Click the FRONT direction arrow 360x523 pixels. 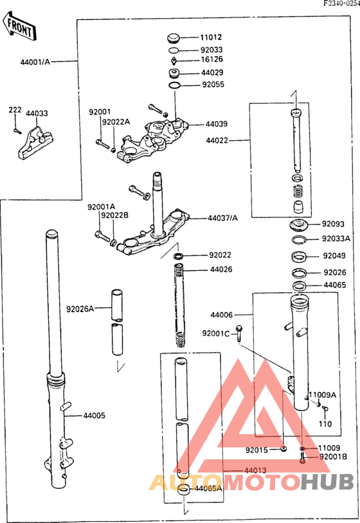pos(19,26)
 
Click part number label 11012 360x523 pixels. pos(212,37)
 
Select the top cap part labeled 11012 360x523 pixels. pos(174,37)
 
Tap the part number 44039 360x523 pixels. pos(217,124)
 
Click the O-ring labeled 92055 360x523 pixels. pos(174,84)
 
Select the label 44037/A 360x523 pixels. pos(222,218)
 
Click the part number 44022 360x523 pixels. pos(217,140)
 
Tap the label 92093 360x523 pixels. pos(333,225)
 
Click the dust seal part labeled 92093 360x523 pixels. pos(297,225)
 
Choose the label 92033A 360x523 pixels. pos(336,239)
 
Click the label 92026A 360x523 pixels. pos(80,309)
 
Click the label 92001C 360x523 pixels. pos(216,333)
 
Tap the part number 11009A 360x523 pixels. pos(325,394)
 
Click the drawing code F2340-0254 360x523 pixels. pos(341,4)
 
